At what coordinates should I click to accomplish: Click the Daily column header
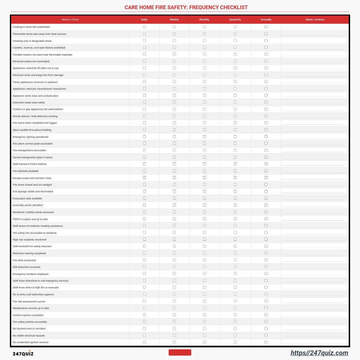(x=144, y=20)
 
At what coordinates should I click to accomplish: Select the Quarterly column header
(x=235, y=20)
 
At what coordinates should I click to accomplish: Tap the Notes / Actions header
(x=315, y=20)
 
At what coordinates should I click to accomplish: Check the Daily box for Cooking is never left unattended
(x=144, y=27)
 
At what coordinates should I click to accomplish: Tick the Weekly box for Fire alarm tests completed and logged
(x=174, y=123)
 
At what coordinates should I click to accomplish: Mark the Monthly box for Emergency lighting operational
(x=204, y=136)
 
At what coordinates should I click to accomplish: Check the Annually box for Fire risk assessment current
(x=266, y=301)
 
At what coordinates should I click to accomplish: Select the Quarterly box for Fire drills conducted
(x=235, y=260)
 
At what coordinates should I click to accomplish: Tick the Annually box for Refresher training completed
(x=266, y=253)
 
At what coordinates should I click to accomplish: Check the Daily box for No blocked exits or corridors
(x=144, y=328)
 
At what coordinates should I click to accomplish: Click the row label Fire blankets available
(x=26, y=171)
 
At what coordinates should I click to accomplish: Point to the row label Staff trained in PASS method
(x=30, y=164)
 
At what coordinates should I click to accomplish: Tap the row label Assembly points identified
(x=28, y=205)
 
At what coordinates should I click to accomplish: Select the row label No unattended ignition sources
(x=31, y=342)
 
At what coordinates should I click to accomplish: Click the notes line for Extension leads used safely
(x=313, y=103)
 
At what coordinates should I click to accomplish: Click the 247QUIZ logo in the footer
(x=23, y=353)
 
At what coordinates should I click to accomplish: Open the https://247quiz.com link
(x=319, y=353)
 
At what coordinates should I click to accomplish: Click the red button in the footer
(x=180, y=352)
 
